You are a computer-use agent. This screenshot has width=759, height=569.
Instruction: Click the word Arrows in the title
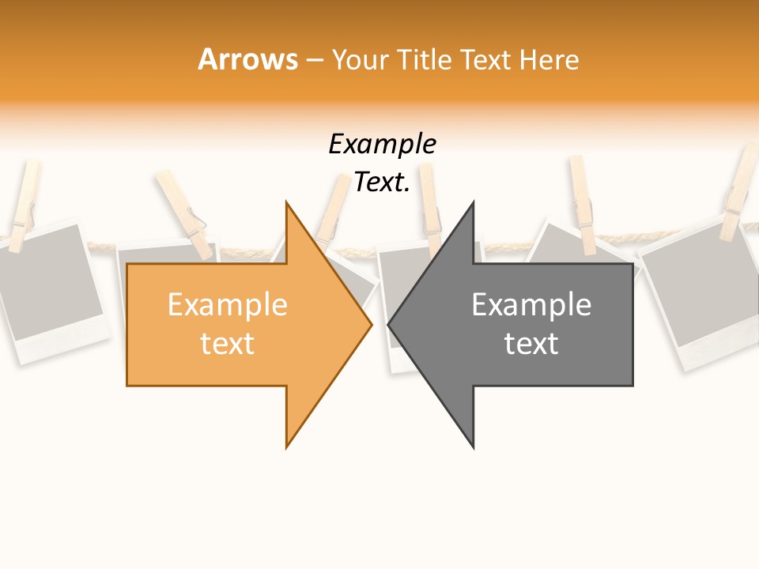click(247, 59)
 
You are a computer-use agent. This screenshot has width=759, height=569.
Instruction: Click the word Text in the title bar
click(486, 59)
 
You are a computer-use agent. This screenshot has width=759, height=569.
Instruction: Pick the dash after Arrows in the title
click(314, 60)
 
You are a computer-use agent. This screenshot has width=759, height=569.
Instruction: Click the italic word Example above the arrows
click(382, 145)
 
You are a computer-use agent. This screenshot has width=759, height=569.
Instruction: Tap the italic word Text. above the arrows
click(382, 183)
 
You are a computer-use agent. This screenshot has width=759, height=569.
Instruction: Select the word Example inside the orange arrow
click(227, 305)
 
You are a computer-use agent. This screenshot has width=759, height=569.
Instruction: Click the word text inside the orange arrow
click(227, 344)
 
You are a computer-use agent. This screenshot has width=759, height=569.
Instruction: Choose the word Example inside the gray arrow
click(531, 305)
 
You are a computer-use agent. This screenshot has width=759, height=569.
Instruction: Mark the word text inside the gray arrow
click(531, 344)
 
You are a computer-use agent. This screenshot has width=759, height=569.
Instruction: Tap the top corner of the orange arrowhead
click(287, 203)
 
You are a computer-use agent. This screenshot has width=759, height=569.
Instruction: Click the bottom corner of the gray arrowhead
click(473, 447)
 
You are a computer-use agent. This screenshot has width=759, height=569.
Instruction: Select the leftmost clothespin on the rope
click(25, 202)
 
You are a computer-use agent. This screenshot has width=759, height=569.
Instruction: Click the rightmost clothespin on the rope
click(740, 194)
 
